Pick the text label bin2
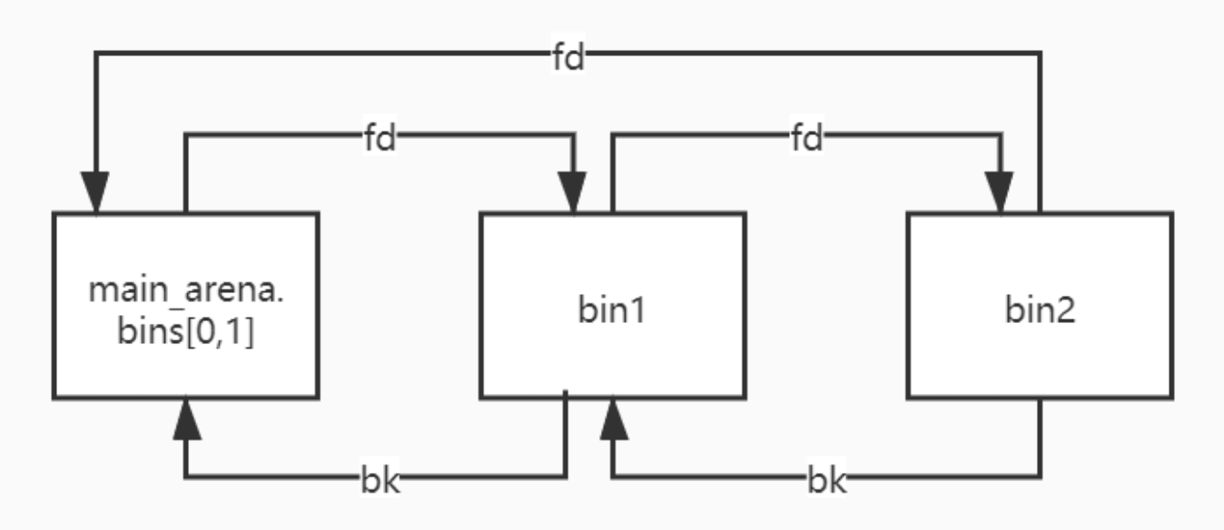[x=1040, y=312]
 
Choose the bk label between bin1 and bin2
[x=826, y=479]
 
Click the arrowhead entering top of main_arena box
[x=95, y=192]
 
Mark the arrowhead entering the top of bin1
[x=574, y=192]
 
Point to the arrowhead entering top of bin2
[x=1001, y=192]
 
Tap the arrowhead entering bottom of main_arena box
[x=185, y=418]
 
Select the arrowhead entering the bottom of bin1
[x=613, y=418]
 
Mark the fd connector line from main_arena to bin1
[x=272, y=137]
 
